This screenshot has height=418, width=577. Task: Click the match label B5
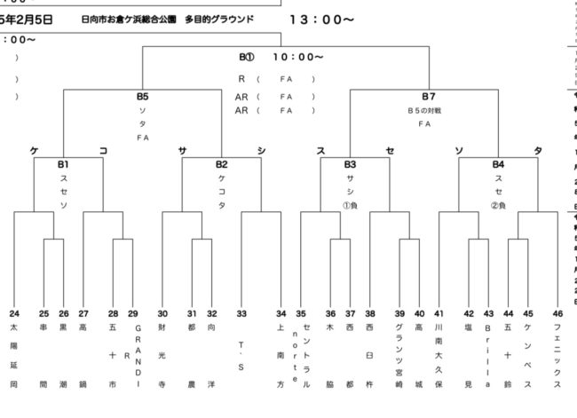[x=143, y=96]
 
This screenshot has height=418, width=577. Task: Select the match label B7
[x=428, y=96]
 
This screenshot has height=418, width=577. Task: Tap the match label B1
[x=64, y=164]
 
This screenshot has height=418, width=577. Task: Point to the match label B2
[x=221, y=164]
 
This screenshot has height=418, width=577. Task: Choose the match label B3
[x=350, y=164]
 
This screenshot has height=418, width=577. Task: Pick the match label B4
[x=498, y=164]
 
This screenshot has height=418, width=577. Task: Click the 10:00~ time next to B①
[x=297, y=58]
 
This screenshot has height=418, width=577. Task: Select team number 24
[x=14, y=313]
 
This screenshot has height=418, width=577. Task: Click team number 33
[x=241, y=313]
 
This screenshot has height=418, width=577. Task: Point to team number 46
[x=557, y=313]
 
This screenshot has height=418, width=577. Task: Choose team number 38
[x=369, y=313]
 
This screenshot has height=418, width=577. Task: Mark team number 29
[x=133, y=313]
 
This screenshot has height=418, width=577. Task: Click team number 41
[x=439, y=313]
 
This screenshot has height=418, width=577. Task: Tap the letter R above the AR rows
[x=241, y=78]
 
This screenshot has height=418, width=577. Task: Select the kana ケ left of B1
[x=34, y=151]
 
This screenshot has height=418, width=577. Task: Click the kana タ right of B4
[x=537, y=151]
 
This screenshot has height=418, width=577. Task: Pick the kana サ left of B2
[x=182, y=151]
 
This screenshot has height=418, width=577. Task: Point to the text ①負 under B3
[x=350, y=206]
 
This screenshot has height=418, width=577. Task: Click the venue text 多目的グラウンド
[x=219, y=18]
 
